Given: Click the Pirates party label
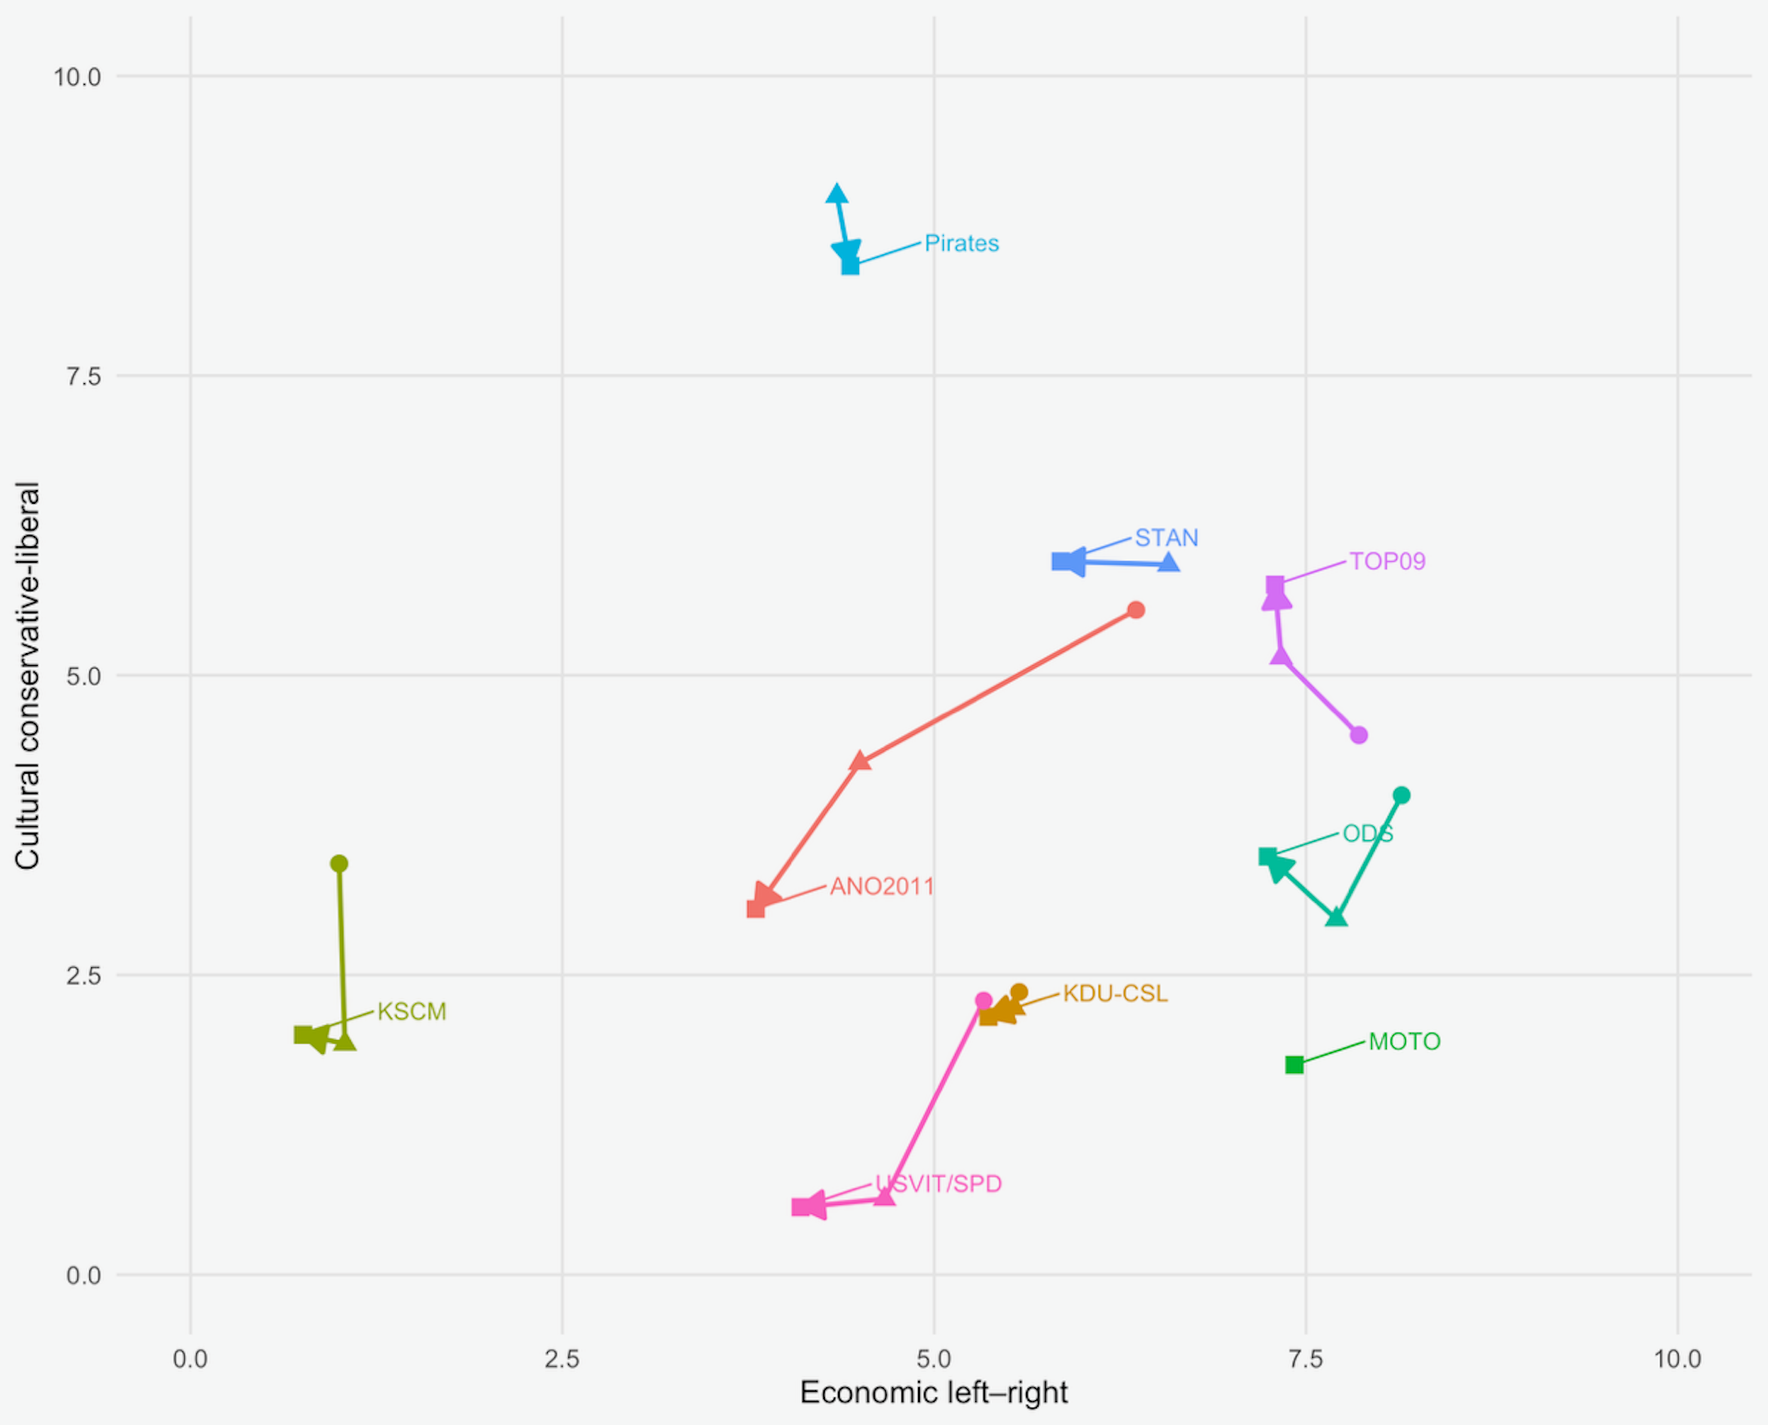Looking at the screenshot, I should coord(961,243).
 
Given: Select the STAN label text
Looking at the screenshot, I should coord(1166,537).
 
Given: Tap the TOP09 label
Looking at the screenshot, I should coord(1387,561).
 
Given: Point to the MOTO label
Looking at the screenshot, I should coord(1403,1042).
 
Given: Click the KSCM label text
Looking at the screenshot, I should coord(412,1011).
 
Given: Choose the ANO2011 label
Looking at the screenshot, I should coord(881,886).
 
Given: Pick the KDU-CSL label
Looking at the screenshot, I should coord(1114,994).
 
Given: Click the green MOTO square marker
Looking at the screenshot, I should coord(1294,1065).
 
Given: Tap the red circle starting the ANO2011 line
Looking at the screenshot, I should coord(1135,610).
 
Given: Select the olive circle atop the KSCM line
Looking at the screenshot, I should coord(339,863).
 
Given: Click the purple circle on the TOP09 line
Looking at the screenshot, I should coord(1358,735).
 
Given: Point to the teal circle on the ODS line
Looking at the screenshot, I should coord(1401,795).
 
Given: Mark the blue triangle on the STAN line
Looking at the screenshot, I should coord(1168,562).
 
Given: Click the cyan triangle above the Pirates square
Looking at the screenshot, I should coord(836,193).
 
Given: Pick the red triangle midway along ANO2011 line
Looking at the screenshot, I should coord(859,761).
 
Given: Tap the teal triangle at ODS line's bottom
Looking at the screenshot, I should coord(1335,917).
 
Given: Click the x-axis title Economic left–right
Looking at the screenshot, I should coord(933,1392).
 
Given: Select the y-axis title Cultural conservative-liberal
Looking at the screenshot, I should coord(28,675).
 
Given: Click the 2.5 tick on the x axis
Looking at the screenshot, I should coord(562,1359).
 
